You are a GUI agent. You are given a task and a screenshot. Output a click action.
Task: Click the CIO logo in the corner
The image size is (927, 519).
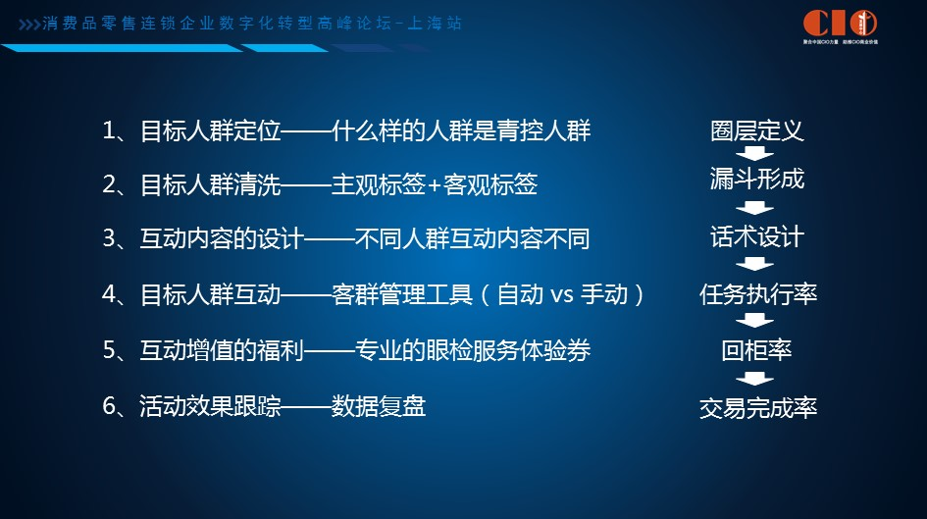point(839,24)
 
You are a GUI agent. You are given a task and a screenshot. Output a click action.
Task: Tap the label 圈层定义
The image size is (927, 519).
point(756,131)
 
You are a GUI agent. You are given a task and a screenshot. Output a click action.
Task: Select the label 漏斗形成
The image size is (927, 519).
point(756,180)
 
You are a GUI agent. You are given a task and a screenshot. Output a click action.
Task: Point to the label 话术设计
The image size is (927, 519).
point(756,237)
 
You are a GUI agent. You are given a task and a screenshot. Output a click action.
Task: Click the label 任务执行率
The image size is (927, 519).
point(757,294)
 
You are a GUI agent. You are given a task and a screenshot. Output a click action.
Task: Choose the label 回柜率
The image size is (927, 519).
point(756,350)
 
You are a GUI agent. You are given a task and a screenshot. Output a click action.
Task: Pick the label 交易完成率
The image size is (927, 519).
point(757,407)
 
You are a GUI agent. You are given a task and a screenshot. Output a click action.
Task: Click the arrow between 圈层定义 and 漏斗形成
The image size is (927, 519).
point(756,155)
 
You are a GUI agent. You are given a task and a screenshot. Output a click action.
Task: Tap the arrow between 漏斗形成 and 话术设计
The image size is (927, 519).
point(756,208)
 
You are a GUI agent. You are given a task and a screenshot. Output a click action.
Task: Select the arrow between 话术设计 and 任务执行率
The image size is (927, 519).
point(756,265)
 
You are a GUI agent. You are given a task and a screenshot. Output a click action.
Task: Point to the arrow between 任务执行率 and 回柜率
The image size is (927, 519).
point(756,322)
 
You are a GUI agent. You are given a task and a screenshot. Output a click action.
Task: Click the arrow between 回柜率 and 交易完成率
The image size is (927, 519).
point(756,379)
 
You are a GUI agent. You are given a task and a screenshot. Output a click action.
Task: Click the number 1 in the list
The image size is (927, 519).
point(110,130)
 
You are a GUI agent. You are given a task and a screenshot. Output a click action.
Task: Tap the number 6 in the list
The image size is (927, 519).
point(110,406)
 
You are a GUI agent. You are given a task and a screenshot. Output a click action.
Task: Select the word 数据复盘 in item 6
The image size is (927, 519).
point(378,406)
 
